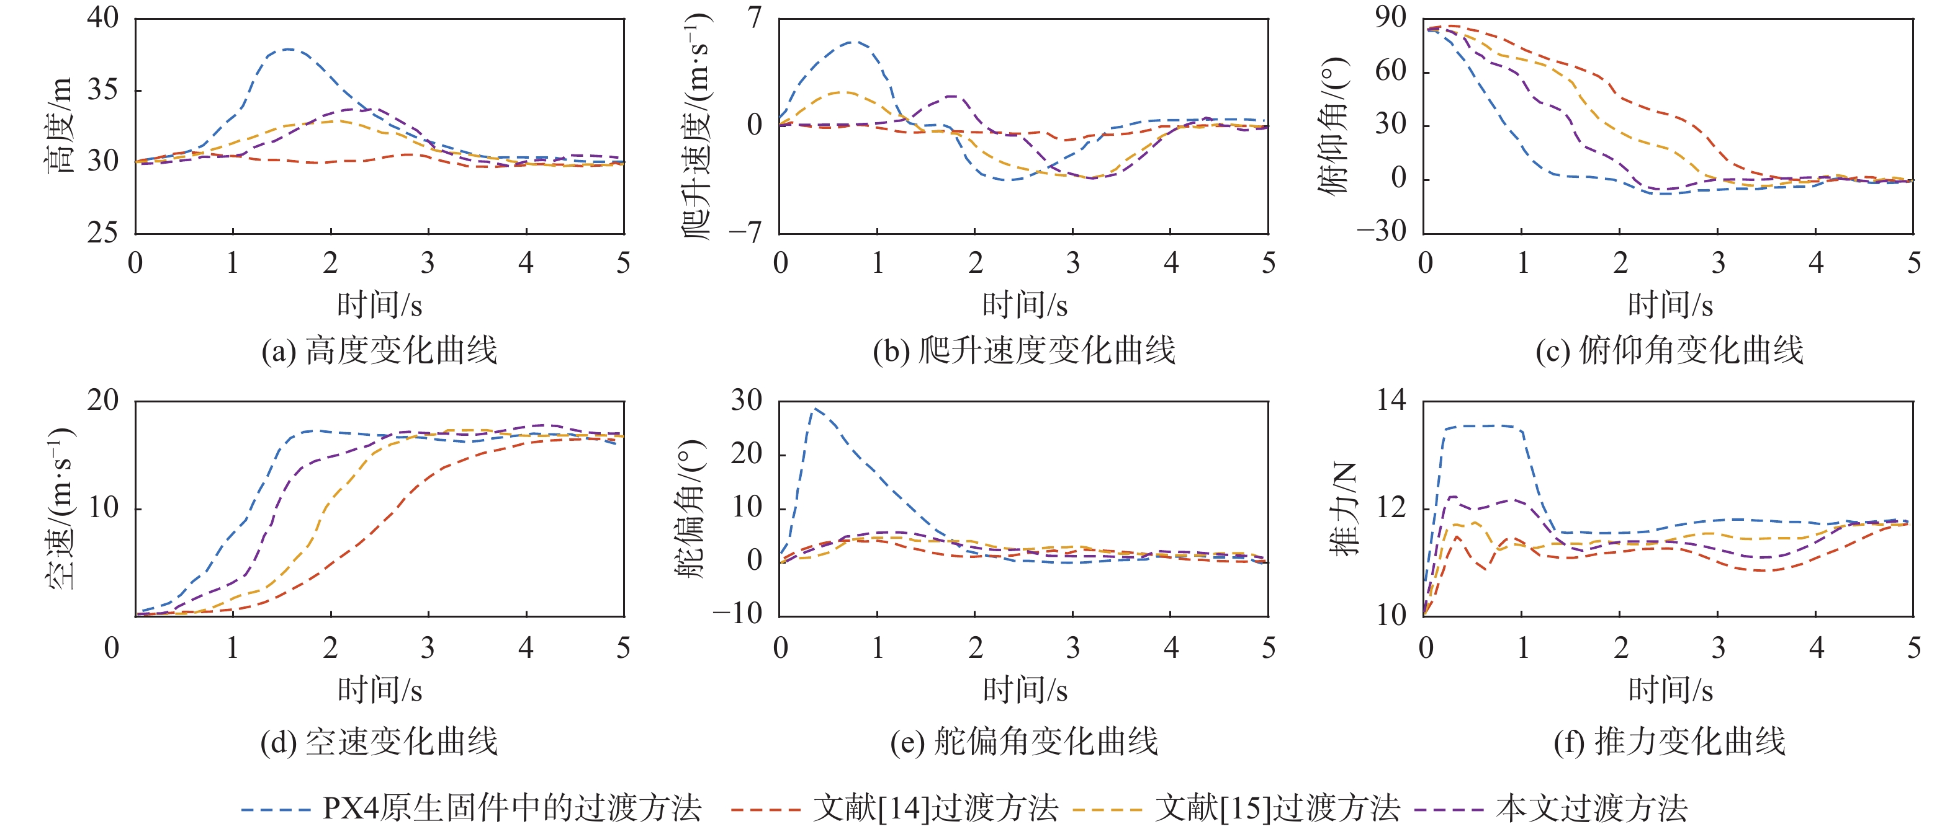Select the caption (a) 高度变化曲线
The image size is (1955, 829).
[x=379, y=350]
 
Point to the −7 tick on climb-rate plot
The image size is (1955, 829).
[x=745, y=231]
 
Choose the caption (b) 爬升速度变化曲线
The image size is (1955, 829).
[x=1024, y=350]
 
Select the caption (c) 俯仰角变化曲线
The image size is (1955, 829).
[x=1669, y=350]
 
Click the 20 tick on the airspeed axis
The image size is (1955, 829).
[x=103, y=400]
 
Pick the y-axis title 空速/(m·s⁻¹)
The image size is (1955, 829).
[x=61, y=508]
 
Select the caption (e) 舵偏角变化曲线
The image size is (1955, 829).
[x=1024, y=741]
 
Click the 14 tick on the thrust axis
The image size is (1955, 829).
[x=1391, y=400]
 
